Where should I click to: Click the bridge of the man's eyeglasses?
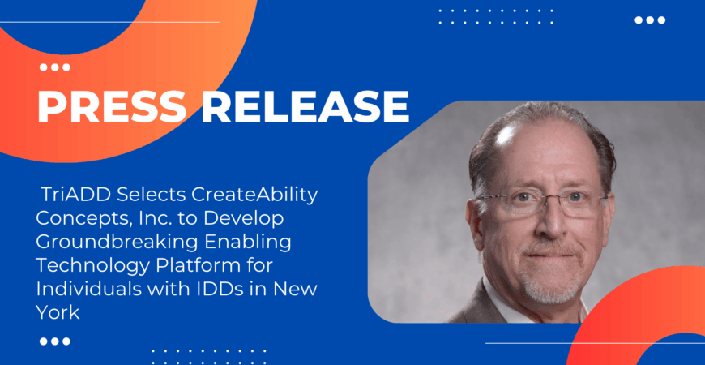click(540, 200)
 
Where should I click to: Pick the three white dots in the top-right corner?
click(649, 20)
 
